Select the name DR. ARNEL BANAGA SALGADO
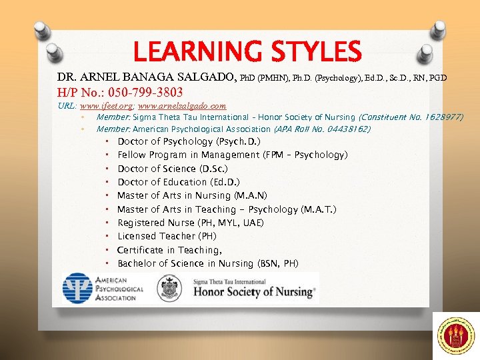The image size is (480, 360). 146,77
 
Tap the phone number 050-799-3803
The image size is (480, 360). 139,91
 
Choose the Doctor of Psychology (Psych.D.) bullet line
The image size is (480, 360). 189,141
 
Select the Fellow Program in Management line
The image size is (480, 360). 232,155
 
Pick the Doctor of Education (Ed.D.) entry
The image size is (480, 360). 179,182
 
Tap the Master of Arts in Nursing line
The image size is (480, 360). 192,195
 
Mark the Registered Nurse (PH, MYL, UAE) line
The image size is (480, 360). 191,223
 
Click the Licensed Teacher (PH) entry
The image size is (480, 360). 167,236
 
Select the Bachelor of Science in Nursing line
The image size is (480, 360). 208,263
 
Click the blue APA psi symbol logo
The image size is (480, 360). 77,289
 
